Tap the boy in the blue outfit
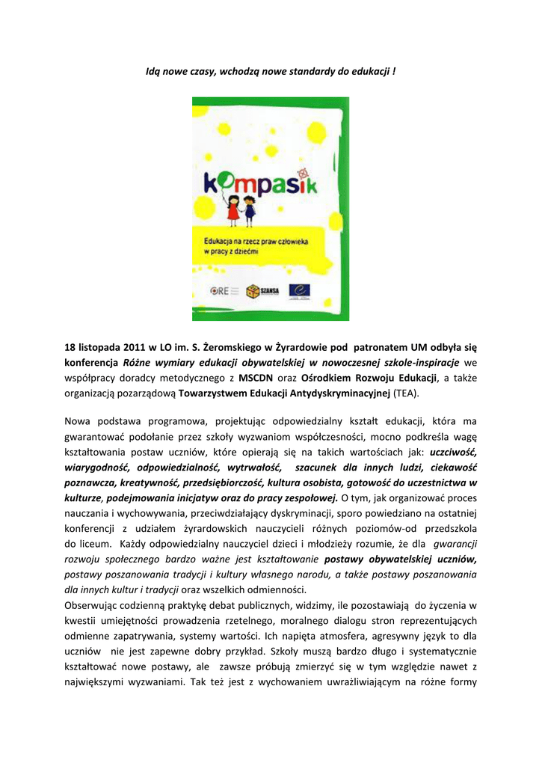tap(250, 212)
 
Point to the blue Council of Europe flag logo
tap(301, 290)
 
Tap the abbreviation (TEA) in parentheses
tap(407, 393)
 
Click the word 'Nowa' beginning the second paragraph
tap(78, 423)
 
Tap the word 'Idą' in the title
tap(153, 72)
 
